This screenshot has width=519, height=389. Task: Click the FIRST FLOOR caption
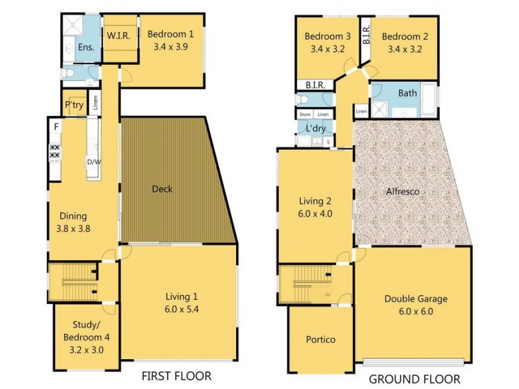[x=176, y=376]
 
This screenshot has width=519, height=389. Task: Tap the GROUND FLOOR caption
[x=415, y=379]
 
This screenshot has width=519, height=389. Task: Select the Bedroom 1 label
[x=171, y=34]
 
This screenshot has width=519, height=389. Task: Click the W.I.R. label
[x=119, y=35]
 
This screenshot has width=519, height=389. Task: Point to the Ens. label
[x=86, y=47]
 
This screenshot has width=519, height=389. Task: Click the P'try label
[x=74, y=105]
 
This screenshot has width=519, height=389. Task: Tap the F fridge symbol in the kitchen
[x=56, y=126]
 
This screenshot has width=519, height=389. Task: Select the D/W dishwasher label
[x=94, y=162]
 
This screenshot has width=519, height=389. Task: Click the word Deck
[x=162, y=189]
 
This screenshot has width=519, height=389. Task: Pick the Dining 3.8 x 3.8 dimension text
[x=73, y=229]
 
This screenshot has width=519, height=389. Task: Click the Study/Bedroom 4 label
[x=86, y=331]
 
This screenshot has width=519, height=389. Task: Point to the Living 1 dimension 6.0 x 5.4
[x=182, y=309]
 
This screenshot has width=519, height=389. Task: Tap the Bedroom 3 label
[x=328, y=36]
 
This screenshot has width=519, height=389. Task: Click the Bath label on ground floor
[x=407, y=93]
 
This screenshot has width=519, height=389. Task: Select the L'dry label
[x=316, y=128]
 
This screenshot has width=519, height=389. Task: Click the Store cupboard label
[x=305, y=115]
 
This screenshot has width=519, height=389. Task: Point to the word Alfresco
[x=403, y=191]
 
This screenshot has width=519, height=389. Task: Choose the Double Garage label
[x=416, y=299]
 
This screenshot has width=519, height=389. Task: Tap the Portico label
[x=320, y=340]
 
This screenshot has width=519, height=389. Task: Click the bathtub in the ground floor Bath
[x=429, y=100]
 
